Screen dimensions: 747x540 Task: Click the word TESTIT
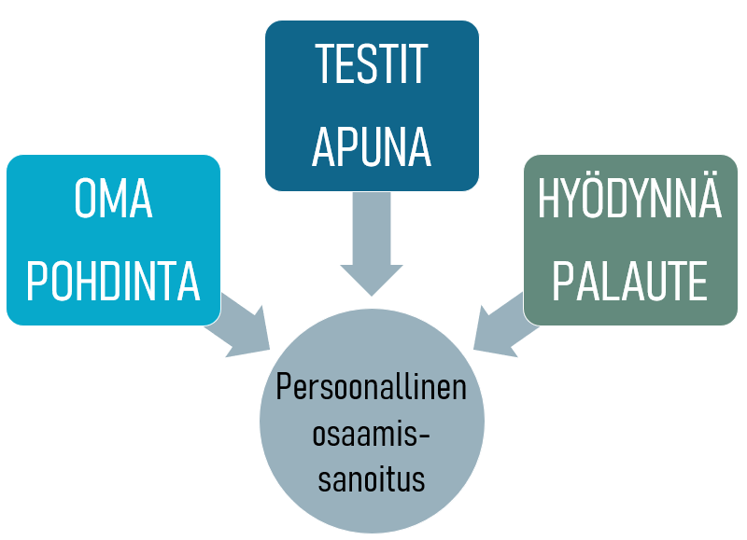click(372, 63)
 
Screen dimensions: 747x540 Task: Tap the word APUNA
click(372, 146)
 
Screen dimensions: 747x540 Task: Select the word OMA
click(113, 198)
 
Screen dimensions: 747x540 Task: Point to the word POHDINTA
click(113, 281)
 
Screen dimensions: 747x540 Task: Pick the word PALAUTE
click(629, 281)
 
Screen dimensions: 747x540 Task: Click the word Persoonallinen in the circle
click(371, 387)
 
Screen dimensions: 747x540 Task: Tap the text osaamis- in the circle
click(371, 434)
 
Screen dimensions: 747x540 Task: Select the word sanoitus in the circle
click(371, 478)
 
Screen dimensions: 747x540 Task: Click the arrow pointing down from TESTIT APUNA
click(372, 243)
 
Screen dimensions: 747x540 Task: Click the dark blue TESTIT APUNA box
click(372, 105)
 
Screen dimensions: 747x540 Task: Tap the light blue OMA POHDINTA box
click(113, 240)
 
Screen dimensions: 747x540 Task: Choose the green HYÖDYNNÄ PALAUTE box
click(630, 240)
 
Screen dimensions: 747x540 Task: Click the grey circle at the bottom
click(372, 421)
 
